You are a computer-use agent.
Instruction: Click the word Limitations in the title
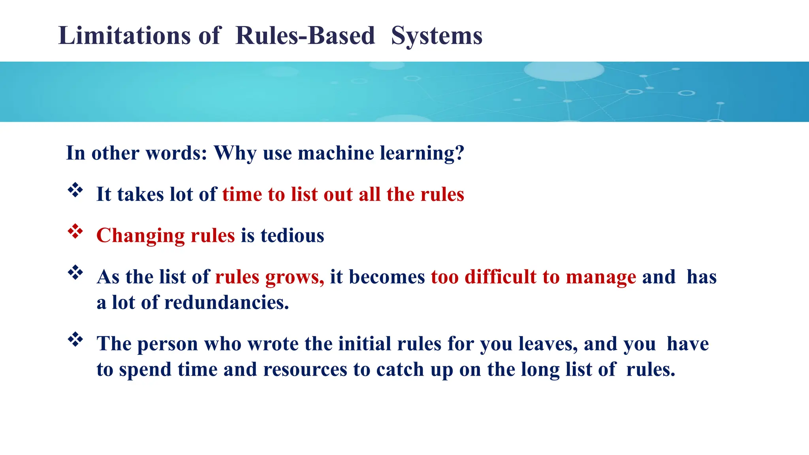[124, 36]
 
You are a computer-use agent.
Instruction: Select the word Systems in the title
[436, 36]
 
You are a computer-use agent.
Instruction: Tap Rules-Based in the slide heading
[305, 36]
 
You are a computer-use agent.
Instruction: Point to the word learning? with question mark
[422, 153]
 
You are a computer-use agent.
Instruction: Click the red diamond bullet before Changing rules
[75, 232]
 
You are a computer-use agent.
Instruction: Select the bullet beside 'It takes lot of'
[75, 191]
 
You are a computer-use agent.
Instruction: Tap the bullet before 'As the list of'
[75, 273]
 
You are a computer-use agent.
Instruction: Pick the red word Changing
[140, 236]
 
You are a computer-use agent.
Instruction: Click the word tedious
[292, 236]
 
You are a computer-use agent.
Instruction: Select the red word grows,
[295, 277]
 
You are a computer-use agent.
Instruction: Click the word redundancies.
[226, 303]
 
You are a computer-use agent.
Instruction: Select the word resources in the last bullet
[305, 369]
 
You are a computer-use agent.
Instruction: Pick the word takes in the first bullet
[140, 195]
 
